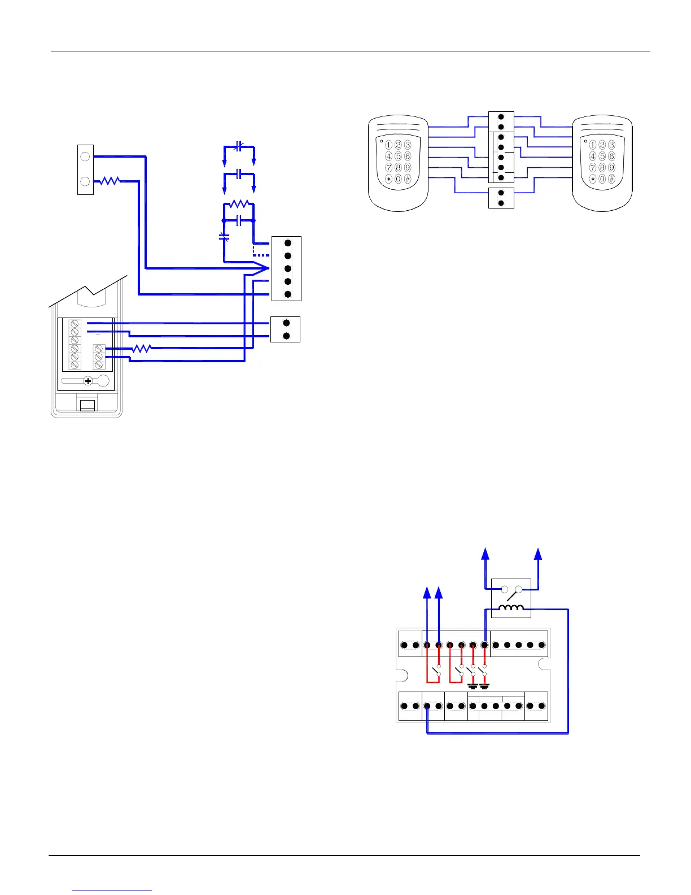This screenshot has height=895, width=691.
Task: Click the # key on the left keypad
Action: tap(408, 179)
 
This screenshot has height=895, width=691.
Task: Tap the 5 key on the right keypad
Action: tap(602, 157)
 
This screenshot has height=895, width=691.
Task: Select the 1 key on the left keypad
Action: tap(388, 145)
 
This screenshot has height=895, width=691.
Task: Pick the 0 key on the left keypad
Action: tap(398, 179)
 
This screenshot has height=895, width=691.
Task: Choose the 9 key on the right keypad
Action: tap(611, 168)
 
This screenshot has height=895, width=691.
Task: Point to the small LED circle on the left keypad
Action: tap(381, 140)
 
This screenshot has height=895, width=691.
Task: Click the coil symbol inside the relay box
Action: tap(511, 608)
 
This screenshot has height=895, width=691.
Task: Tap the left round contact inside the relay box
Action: tap(505, 589)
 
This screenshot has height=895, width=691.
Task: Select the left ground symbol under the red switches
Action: tap(473, 687)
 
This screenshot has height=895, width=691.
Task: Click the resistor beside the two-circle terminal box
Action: tap(110, 181)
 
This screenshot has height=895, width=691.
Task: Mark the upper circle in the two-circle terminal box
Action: tap(85, 156)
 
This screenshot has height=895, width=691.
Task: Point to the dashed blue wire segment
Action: tap(261, 254)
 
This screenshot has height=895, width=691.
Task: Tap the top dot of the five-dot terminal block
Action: tap(287, 244)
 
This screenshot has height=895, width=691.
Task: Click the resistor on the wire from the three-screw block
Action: tap(142, 349)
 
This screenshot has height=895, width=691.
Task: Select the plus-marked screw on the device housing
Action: tap(88, 381)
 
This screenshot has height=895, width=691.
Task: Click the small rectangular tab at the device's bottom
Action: tap(87, 405)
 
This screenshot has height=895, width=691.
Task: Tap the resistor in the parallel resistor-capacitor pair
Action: tap(239, 204)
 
